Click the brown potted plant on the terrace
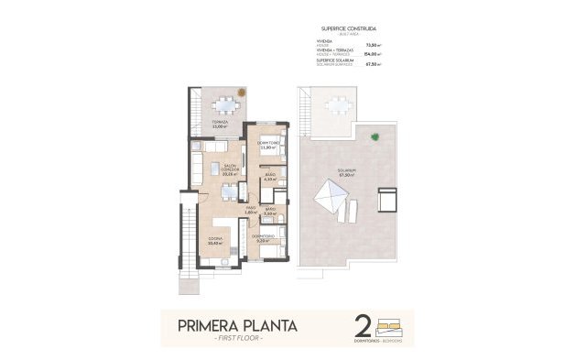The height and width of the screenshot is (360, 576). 242,91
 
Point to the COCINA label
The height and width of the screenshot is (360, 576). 216,242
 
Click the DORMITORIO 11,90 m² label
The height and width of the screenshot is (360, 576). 267,147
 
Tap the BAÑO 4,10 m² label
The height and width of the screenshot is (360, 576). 269,177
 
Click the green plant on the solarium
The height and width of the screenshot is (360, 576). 374,137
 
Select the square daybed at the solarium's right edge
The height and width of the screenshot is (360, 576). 386,199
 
